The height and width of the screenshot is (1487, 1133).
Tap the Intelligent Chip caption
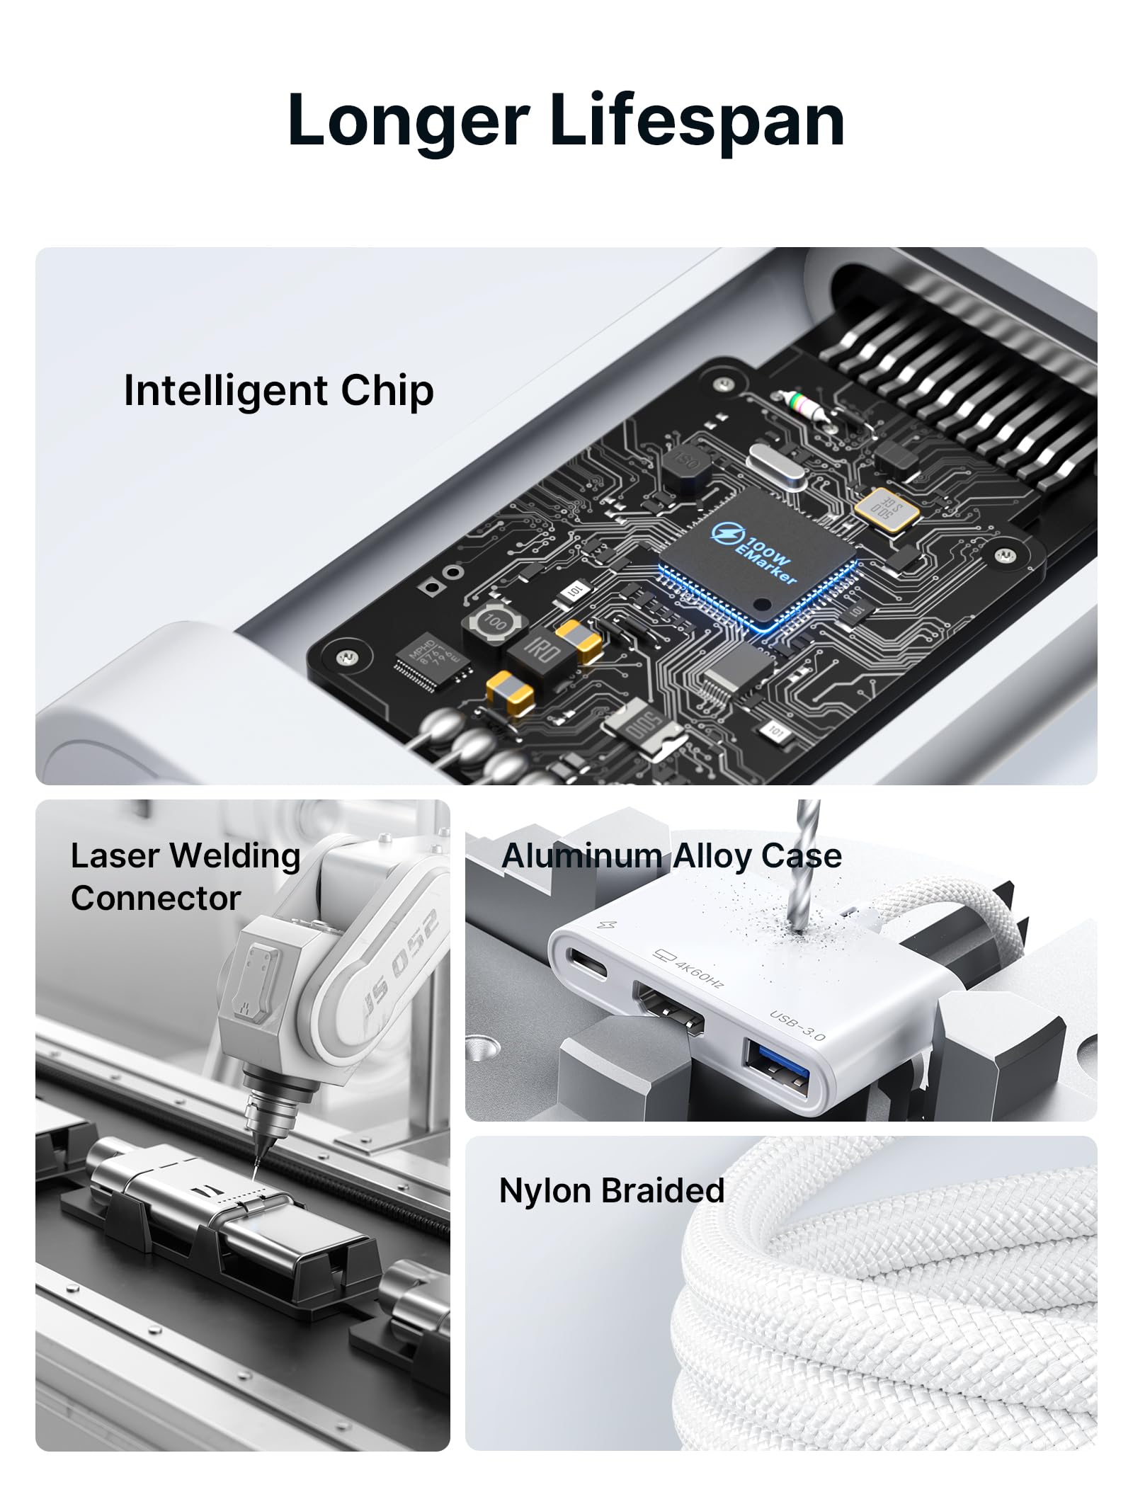pos(278,390)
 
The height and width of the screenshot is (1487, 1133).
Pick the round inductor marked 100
pos(495,623)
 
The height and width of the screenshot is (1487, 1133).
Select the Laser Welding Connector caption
pos(186,877)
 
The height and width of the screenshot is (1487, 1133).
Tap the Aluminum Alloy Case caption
pos(671,856)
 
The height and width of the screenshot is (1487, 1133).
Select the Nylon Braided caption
pos(612,1190)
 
